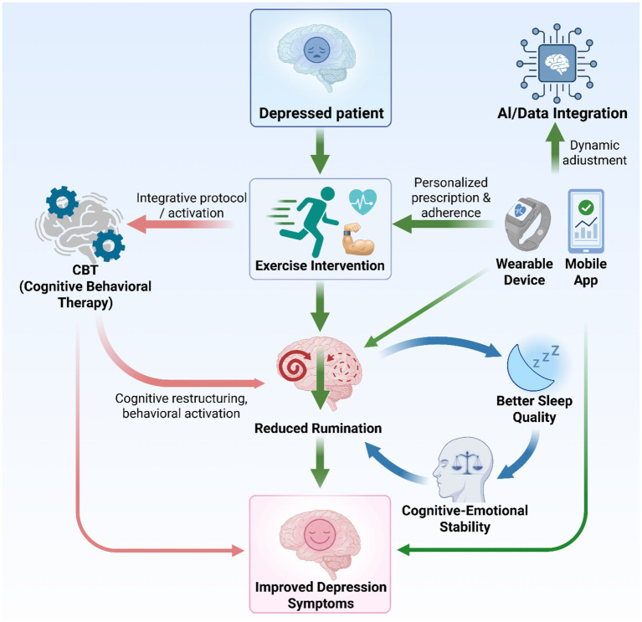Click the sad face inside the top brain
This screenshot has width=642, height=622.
tap(316, 50)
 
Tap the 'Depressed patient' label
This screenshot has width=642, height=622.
tap(321, 113)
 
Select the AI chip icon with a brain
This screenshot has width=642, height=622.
tap(557, 63)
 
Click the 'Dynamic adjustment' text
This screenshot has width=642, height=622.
tap(594, 152)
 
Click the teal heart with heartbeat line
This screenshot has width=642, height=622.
tap(362, 202)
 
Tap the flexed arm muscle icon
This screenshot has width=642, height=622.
tap(358, 239)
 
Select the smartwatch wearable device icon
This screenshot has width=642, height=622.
tap(527, 224)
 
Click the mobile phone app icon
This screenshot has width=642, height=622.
tap(586, 221)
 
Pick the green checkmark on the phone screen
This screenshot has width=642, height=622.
tap(586, 208)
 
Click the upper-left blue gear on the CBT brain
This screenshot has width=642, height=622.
tap(62, 202)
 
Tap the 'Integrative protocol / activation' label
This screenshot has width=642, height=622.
tap(192, 206)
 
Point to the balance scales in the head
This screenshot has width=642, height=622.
tap(466, 462)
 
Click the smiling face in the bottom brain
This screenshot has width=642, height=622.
tap(320, 535)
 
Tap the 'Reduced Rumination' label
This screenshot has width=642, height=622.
tap(318, 429)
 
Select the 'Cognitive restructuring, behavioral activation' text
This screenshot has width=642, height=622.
tap(182, 406)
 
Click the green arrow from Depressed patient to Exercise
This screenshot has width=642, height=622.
tap(321, 151)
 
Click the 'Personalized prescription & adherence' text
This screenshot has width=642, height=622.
tap(451, 198)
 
